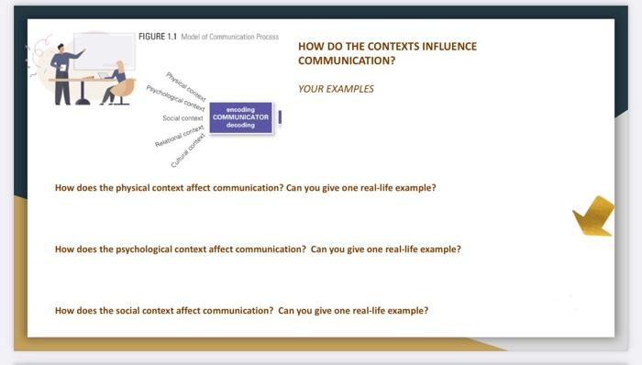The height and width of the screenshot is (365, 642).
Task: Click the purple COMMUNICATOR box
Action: (x=240, y=117)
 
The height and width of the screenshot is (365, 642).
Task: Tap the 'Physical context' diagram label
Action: (x=186, y=84)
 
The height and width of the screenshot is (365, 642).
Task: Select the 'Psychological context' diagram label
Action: (x=176, y=100)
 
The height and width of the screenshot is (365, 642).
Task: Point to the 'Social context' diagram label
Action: (x=183, y=118)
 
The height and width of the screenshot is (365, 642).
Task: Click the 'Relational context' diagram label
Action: (x=179, y=138)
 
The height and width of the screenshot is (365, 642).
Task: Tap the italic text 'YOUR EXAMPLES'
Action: (x=336, y=89)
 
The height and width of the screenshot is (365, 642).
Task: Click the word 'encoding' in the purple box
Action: (x=240, y=109)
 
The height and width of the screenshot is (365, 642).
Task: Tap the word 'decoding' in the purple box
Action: (x=240, y=125)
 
